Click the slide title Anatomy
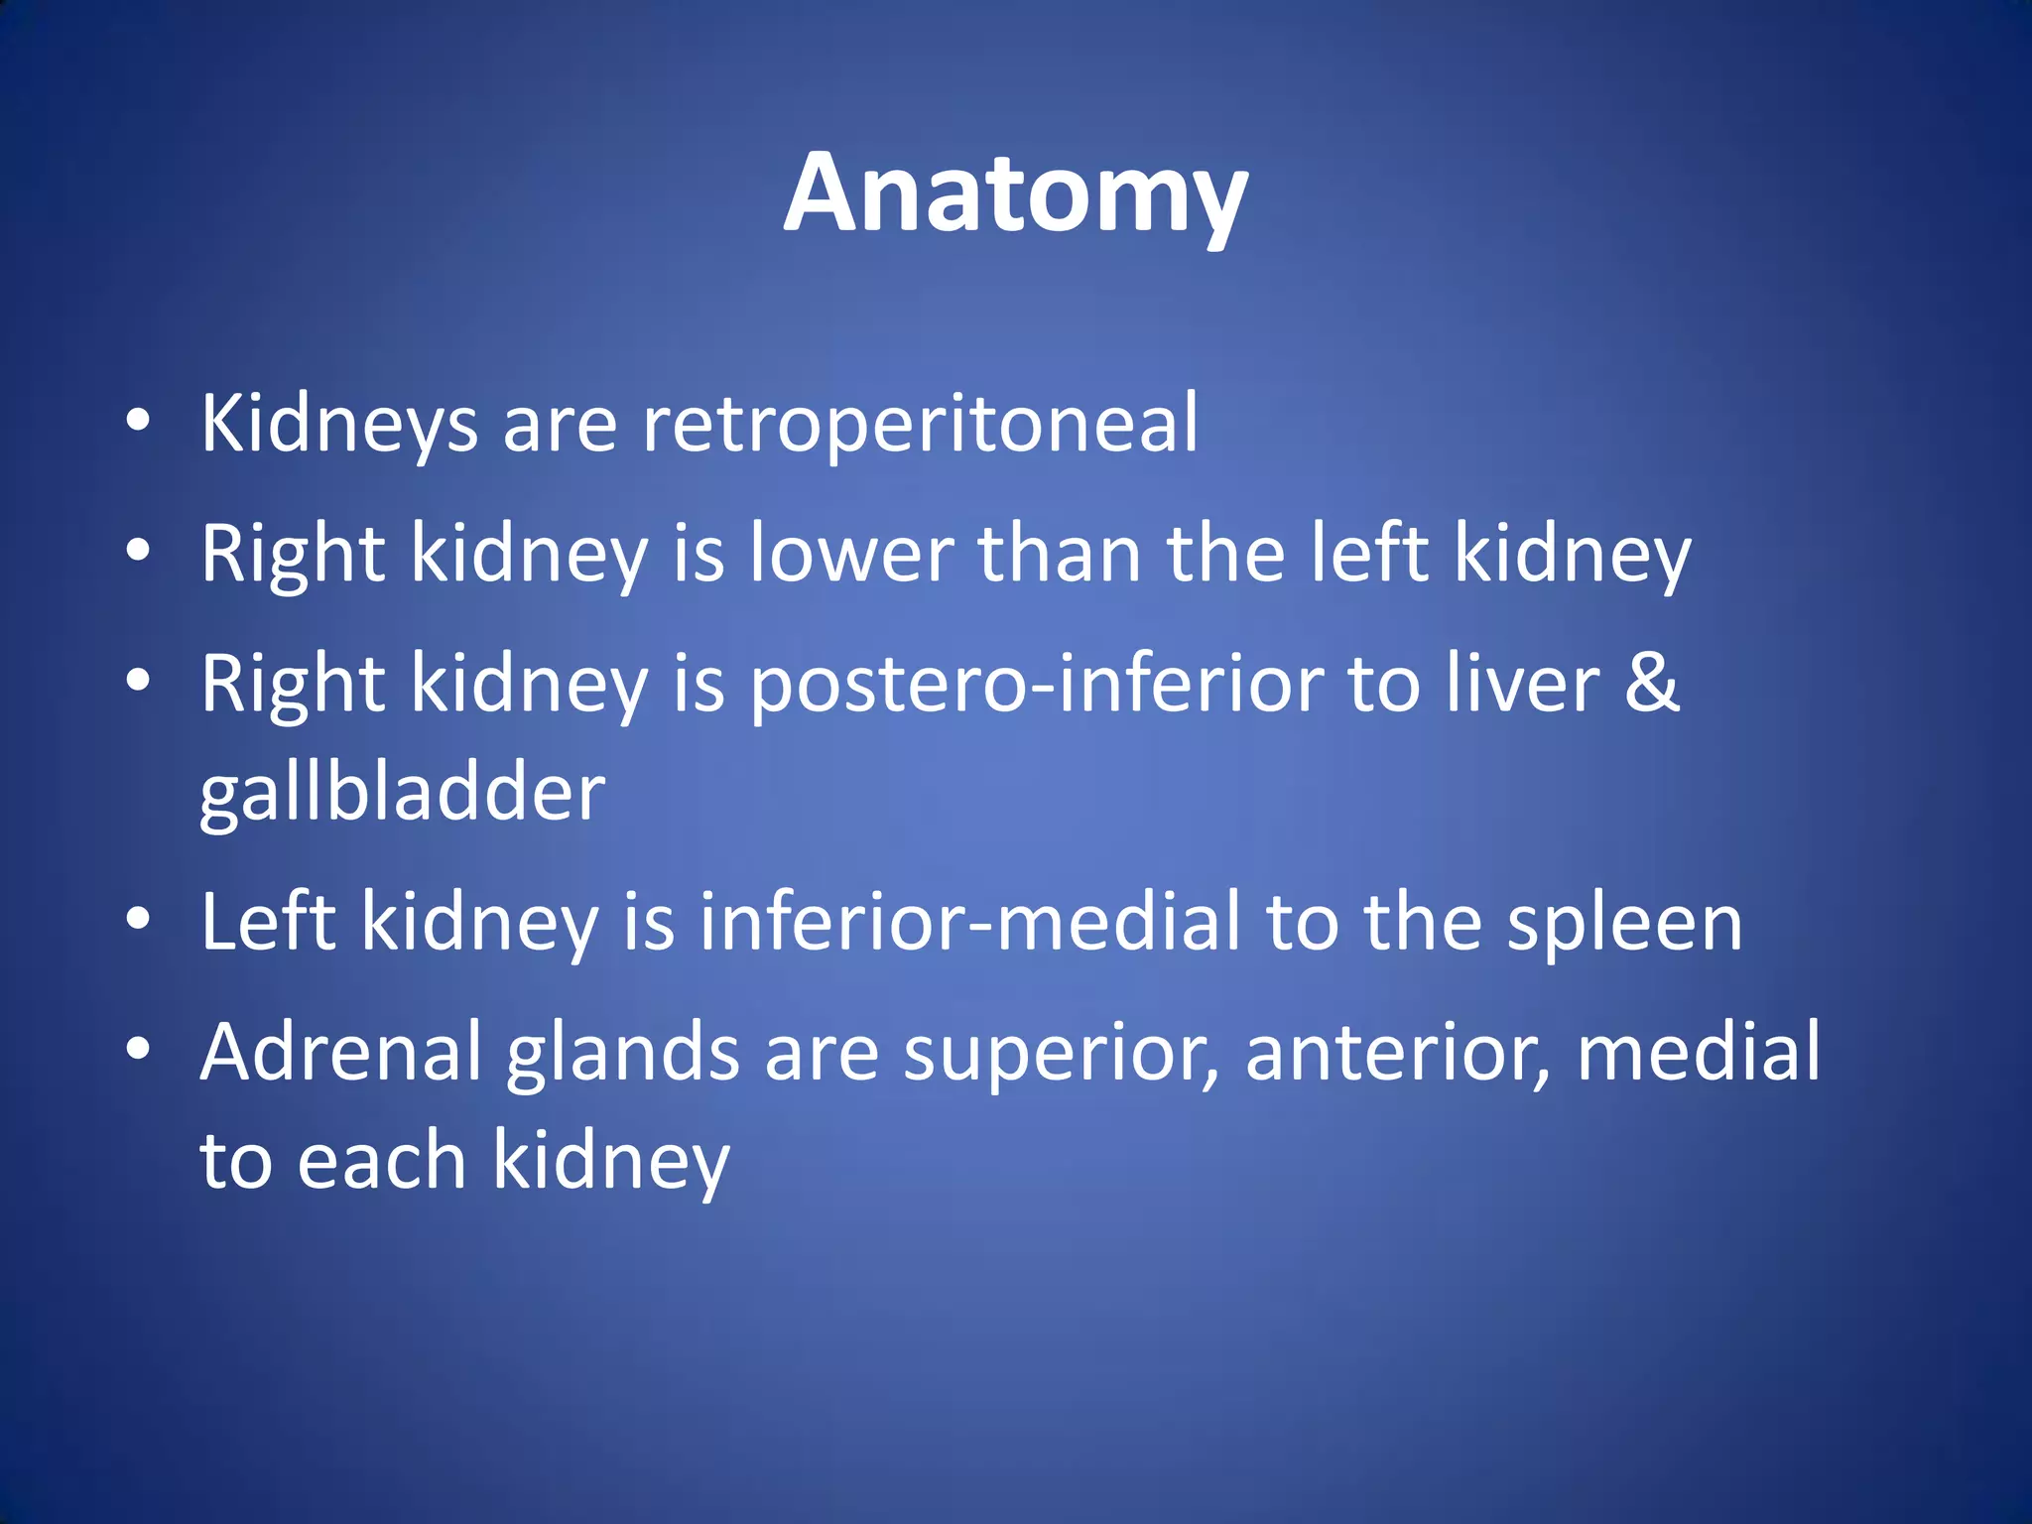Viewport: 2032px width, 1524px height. (1015, 194)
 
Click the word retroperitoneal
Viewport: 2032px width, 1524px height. (921, 425)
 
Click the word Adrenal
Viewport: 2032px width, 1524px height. (340, 1052)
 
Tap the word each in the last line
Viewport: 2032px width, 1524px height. (381, 1161)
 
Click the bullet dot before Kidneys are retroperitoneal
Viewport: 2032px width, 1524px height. (138, 421)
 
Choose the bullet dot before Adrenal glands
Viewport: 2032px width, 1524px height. (138, 1049)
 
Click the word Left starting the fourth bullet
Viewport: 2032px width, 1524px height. (268, 923)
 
